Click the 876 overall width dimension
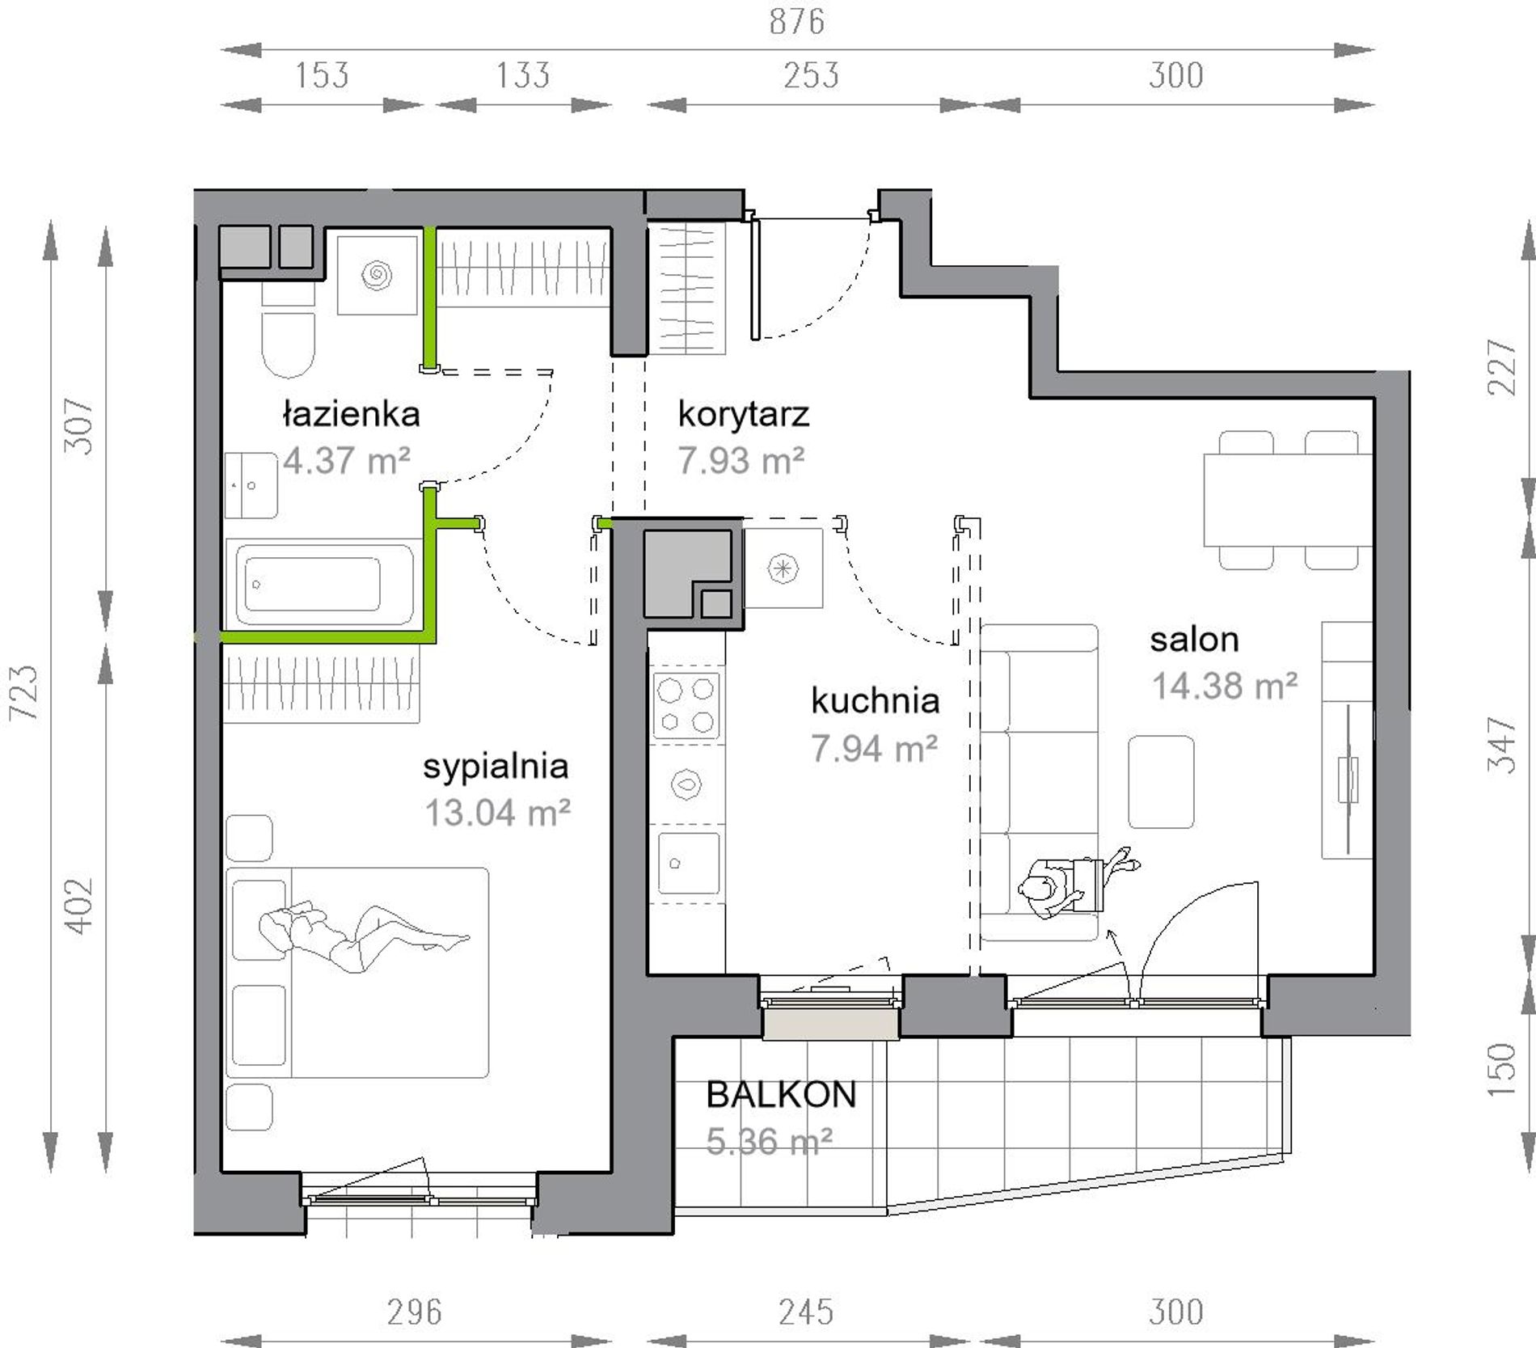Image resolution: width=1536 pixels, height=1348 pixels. [x=796, y=22]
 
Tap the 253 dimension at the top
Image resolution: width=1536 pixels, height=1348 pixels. [x=811, y=75]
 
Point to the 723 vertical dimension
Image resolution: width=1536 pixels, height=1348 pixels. [x=23, y=692]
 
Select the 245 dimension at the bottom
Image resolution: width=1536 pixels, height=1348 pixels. [x=806, y=1312]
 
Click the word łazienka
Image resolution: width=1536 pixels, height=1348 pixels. [x=351, y=414]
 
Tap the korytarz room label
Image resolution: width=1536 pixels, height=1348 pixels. [x=743, y=414]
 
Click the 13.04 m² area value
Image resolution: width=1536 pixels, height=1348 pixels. [x=497, y=813]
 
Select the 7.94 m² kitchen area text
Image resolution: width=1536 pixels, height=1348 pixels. [x=874, y=749]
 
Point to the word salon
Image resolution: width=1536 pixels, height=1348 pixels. [x=1194, y=640]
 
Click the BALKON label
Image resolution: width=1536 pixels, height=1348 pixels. [x=781, y=1094]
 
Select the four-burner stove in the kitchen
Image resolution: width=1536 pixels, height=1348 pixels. [x=687, y=705]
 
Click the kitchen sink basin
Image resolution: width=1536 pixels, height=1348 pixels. [x=688, y=863]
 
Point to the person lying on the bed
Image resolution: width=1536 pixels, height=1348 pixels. [x=364, y=936]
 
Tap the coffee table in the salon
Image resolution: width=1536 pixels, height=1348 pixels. [x=1161, y=781]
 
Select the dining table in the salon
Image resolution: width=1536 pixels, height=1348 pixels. [x=1287, y=500]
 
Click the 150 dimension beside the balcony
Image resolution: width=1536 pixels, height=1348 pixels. [x=1502, y=1069]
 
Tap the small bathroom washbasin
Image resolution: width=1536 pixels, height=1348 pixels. [x=251, y=485]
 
